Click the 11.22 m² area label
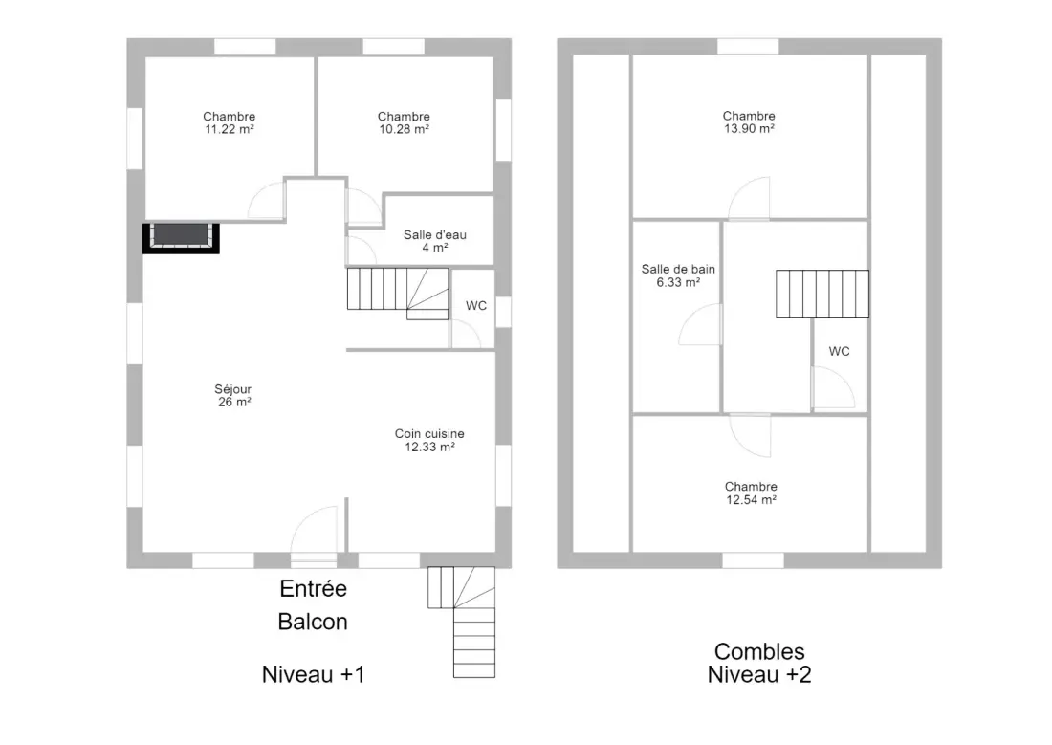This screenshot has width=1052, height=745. [230, 129]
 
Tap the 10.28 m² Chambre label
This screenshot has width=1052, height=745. [404, 122]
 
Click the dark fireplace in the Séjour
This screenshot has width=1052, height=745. [181, 237]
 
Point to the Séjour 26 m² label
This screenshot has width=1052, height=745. [233, 395]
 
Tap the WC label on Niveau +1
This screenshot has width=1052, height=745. [476, 306]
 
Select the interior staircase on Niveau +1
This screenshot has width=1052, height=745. [398, 294]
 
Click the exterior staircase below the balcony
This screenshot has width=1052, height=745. [462, 623]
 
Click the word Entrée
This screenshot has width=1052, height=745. [314, 588]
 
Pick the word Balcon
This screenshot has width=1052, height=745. [313, 622]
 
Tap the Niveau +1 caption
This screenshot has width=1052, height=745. [314, 674]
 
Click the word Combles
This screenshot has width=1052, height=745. [759, 651]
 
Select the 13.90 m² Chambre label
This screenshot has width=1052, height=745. [749, 122]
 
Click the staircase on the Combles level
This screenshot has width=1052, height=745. [822, 294]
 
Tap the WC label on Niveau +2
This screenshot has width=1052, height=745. [840, 352]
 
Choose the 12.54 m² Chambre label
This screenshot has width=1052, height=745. [751, 493]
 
